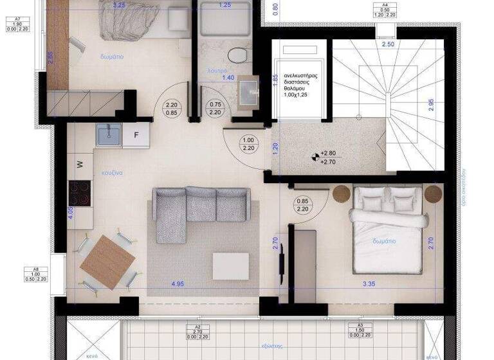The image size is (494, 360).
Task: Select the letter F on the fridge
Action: pyautogui.click(x=136, y=135)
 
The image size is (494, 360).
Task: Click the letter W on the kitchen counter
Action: pyautogui.click(x=80, y=164)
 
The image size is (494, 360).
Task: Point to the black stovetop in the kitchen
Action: pyautogui.click(x=80, y=192)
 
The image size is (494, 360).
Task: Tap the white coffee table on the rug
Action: pyautogui.click(x=230, y=265)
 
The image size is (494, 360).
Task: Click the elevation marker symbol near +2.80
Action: pyautogui.click(x=315, y=154)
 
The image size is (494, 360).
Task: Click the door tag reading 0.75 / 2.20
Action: pyautogui.click(x=215, y=107)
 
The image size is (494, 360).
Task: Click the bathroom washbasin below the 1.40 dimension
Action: pyautogui.click(x=248, y=89)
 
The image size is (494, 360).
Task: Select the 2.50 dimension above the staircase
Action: pyautogui.click(x=387, y=44)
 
